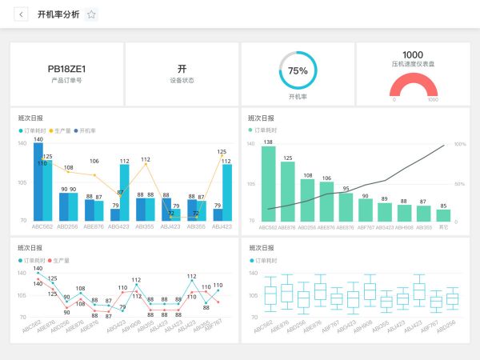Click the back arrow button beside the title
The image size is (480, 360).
tap(20, 14)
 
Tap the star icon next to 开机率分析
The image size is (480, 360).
tap(91, 14)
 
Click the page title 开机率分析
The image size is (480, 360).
tap(58, 14)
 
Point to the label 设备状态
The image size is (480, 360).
tap(182, 81)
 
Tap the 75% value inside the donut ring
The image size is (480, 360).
tap(298, 70)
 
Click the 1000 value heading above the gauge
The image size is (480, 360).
tap(413, 54)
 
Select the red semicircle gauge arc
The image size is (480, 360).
tap(413, 81)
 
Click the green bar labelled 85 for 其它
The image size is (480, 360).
tap(443, 215)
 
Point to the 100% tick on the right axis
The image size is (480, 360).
tap(460, 144)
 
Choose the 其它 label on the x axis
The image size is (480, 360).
tap(443, 227)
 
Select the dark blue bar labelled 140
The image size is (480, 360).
tap(38, 181)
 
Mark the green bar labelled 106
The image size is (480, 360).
tap(326, 201)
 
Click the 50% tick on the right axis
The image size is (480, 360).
tap(460, 183)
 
